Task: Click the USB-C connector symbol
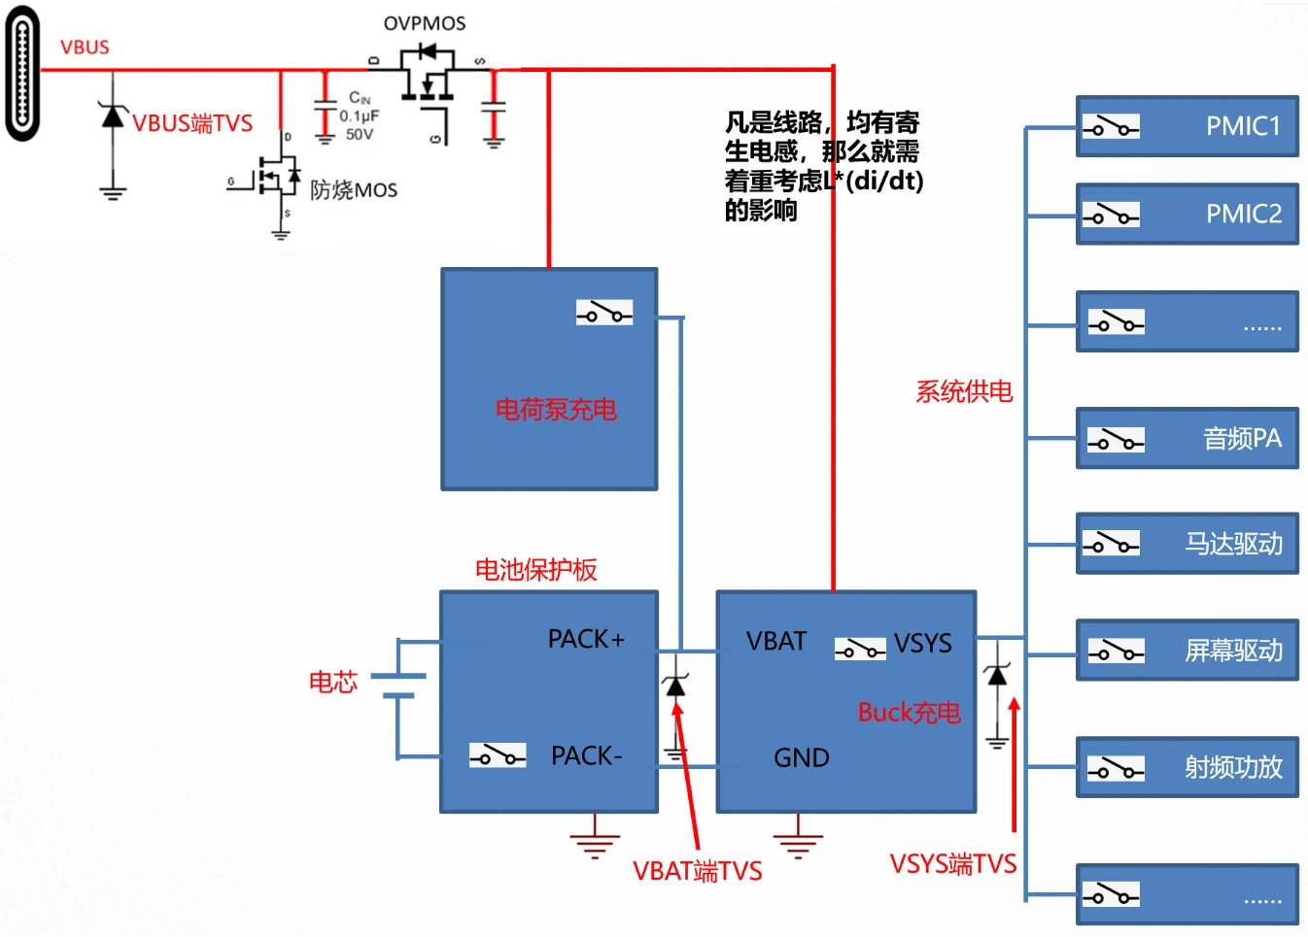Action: [22, 74]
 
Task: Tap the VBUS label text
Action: [85, 48]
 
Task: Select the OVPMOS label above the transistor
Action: [425, 23]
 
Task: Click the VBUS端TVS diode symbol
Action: [114, 117]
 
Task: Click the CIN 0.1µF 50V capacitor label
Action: [360, 116]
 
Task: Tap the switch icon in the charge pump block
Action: [604, 312]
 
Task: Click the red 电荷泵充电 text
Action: [556, 410]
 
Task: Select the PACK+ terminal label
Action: [586, 639]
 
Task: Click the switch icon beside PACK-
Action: [498, 754]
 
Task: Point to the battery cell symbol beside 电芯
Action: [398, 686]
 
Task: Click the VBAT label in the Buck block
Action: [776, 642]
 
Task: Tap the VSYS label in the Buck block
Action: [923, 644]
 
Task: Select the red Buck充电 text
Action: [909, 713]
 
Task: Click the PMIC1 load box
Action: [1188, 126]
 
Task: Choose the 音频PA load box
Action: [1188, 439]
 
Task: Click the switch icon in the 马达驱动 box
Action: [1111, 543]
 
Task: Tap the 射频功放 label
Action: [1233, 768]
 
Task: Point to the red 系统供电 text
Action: [964, 391]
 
